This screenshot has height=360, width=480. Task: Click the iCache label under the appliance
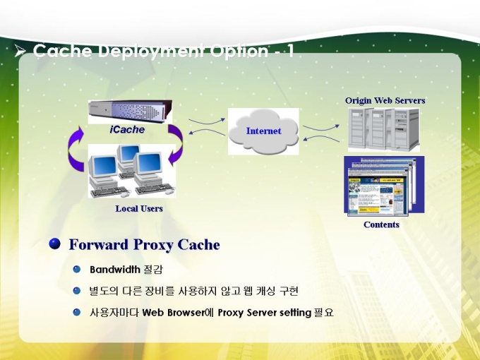(127, 129)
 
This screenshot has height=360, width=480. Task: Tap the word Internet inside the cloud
(263, 131)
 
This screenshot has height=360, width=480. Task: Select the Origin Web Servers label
(385, 101)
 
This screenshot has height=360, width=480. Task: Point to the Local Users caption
(139, 209)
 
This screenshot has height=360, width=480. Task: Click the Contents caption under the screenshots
(381, 224)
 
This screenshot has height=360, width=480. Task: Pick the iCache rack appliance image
(130, 112)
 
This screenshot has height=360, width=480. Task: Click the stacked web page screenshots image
(384, 186)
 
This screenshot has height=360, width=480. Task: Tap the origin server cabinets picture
(384, 130)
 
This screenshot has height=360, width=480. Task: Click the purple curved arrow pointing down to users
(178, 144)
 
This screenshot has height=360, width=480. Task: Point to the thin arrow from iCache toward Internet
(207, 121)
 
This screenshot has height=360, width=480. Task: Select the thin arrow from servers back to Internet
(321, 138)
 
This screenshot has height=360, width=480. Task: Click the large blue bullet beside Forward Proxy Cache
(54, 244)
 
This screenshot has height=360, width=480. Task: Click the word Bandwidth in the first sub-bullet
(115, 270)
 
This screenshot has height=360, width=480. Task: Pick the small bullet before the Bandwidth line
(76, 270)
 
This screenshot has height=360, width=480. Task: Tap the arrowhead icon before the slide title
(20, 51)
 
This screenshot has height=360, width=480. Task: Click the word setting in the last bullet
(296, 313)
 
